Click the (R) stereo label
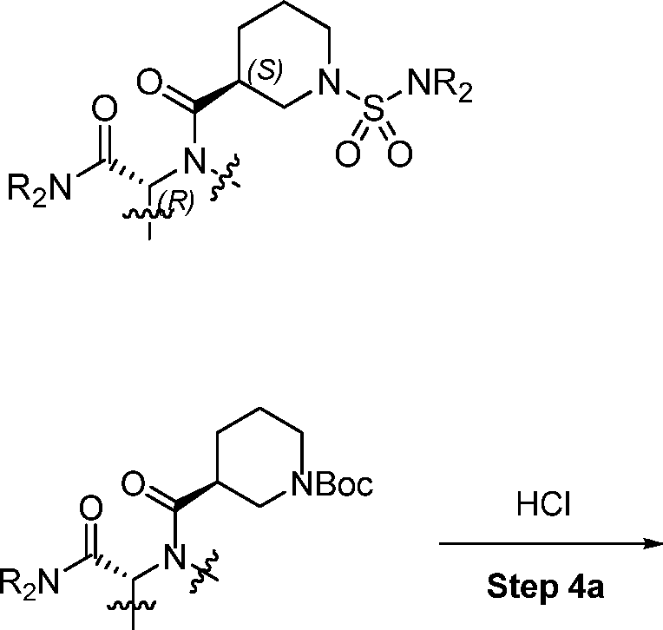tap(176, 202)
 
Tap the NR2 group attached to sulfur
tap(440, 86)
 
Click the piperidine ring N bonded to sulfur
tap(329, 82)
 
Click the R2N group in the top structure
tap(39, 189)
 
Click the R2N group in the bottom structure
tap(29, 583)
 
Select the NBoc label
tap(332, 483)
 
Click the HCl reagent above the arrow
tap(544, 504)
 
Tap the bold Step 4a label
tap(546, 587)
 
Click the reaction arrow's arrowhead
tap(653, 543)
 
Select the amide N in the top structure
tap(194, 161)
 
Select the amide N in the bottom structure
tap(174, 557)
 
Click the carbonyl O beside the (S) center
tap(149, 82)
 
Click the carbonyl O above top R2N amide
tap(104, 108)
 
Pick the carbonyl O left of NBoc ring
tap(133, 483)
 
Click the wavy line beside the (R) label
tap(148, 214)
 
